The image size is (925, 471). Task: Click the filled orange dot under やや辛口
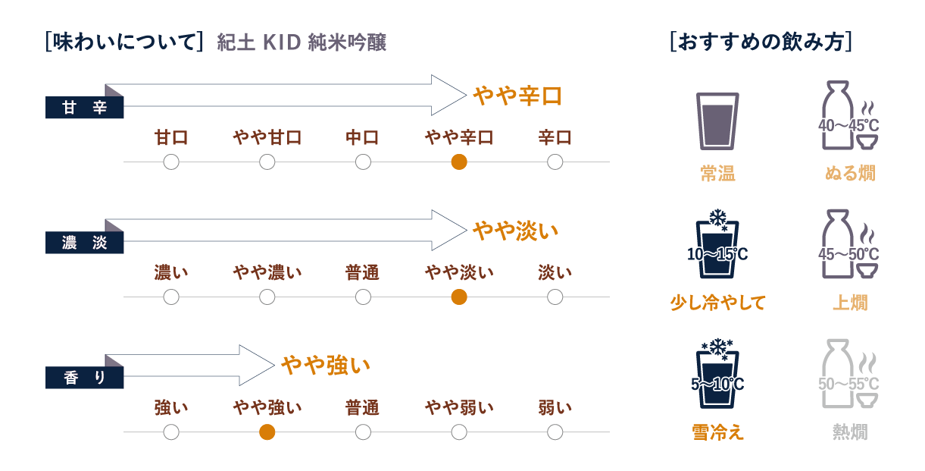(x=459, y=162)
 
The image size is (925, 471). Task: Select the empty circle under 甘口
(x=171, y=162)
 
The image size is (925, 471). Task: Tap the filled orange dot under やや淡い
(x=459, y=297)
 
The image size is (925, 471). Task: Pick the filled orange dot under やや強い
(x=267, y=432)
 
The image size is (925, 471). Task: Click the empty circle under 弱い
(x=555, y=432)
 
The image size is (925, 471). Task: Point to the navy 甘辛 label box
(x=84, y=108)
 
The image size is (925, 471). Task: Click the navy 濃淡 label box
(x=84, y=242)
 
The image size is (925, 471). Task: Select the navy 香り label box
(x=84, y=378)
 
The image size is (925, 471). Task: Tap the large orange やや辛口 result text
(x=517, y=96)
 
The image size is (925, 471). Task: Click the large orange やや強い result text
(x=326, y=365)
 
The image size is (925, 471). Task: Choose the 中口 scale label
(x=362, y=137)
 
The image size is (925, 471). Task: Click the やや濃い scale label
(x=267, y=272)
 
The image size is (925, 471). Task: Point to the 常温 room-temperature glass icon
(x=717, y=121)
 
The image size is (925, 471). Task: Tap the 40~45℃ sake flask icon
(x=848, y=115)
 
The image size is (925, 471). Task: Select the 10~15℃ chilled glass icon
(x=717, y=244)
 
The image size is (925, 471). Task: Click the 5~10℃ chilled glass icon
(x=717, y=374)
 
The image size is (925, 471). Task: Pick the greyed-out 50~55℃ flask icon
(x=848, y=374)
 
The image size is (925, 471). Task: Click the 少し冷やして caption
(x=717, y=303)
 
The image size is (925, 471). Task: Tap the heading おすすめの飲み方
(x=761, y=42)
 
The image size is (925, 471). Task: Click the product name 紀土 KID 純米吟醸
(x=302, y=42)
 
